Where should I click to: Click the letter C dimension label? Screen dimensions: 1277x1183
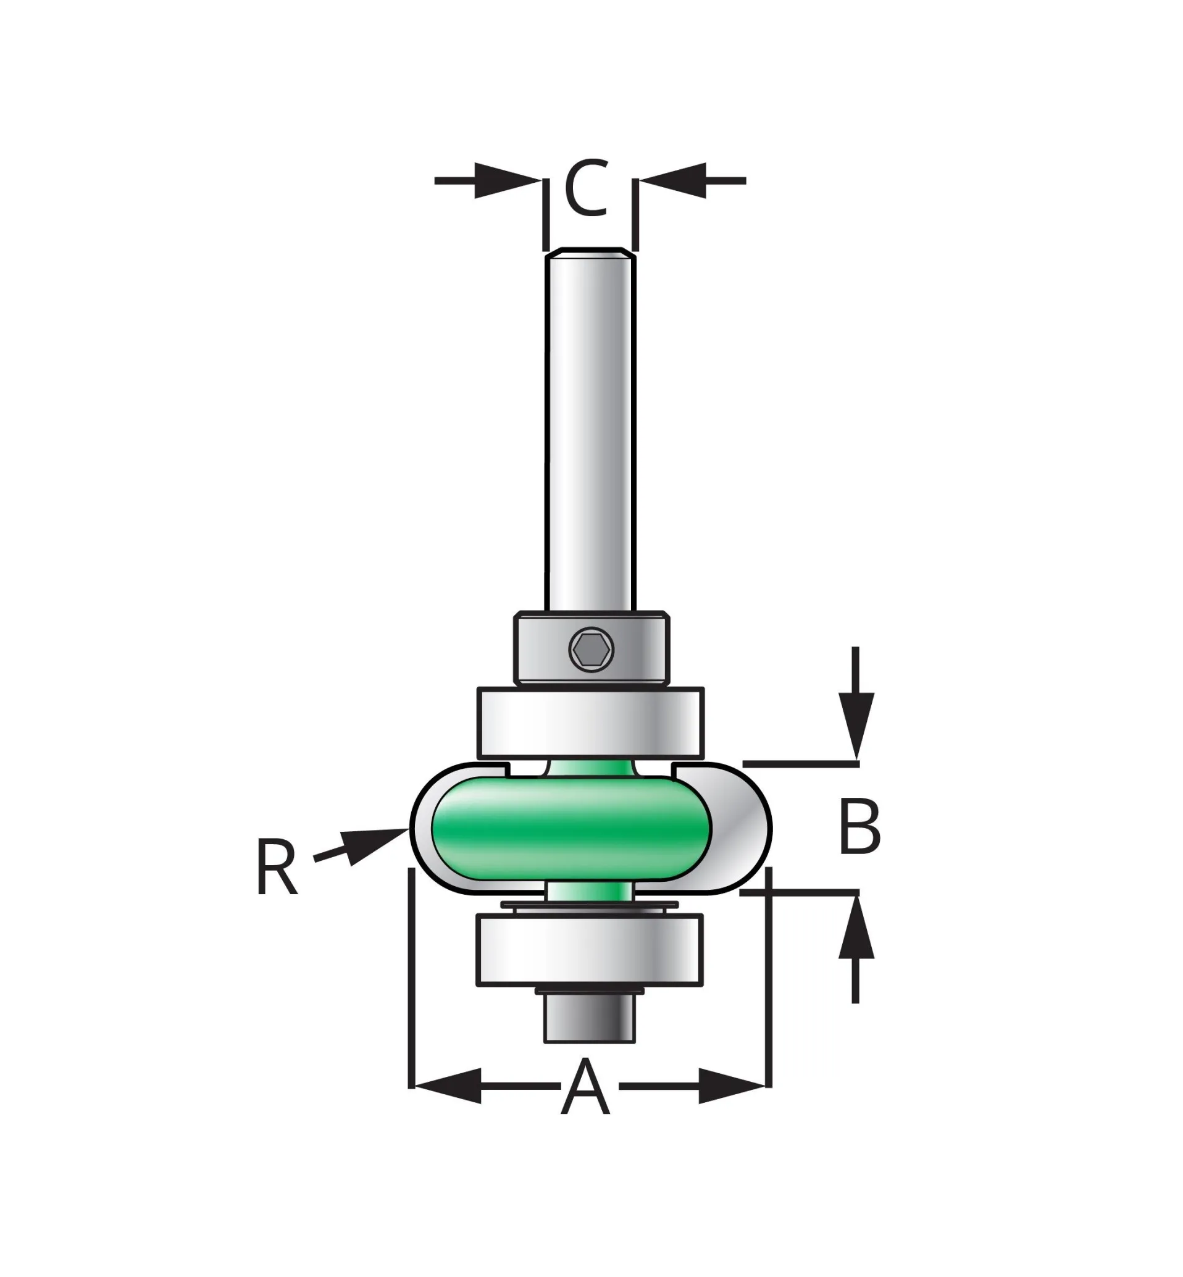click(587, 188)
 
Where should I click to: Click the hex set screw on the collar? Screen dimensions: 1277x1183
click(591, 650)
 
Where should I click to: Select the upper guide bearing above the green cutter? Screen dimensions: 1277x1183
click(590, 722)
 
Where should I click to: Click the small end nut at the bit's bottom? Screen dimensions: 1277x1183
click(590, 1017)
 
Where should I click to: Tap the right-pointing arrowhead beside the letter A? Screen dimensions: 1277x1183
click(730, 1086)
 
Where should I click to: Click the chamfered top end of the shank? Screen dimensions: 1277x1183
click(590, 252)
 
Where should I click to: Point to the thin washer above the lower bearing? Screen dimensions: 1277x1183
click(590, 906)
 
